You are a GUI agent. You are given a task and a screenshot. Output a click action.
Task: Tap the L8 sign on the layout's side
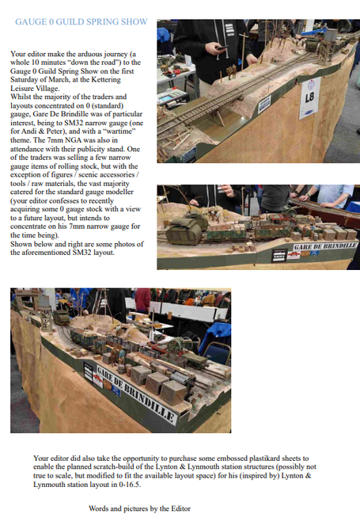click(309, 98)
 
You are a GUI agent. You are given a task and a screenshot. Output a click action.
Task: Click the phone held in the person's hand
click(222, 48)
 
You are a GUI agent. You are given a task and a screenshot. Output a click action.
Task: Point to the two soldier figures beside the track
click(232, 72)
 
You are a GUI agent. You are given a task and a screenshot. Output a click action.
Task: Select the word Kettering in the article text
click(104, 80)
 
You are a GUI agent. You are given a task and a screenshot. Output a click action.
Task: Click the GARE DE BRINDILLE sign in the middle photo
click(325, 246)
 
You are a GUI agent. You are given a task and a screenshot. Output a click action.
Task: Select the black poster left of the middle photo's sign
click(279, 255)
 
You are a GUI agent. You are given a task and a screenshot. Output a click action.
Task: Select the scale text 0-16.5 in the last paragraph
click(130, 485)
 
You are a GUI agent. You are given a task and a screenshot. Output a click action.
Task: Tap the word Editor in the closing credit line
click(180, 508)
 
